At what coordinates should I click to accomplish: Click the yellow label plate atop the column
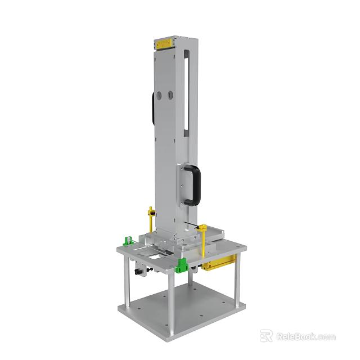point(164,43)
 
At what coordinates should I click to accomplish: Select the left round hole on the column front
point(159,96)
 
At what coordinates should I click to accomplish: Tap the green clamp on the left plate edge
point(128,241)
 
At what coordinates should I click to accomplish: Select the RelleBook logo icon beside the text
point(266,336)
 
